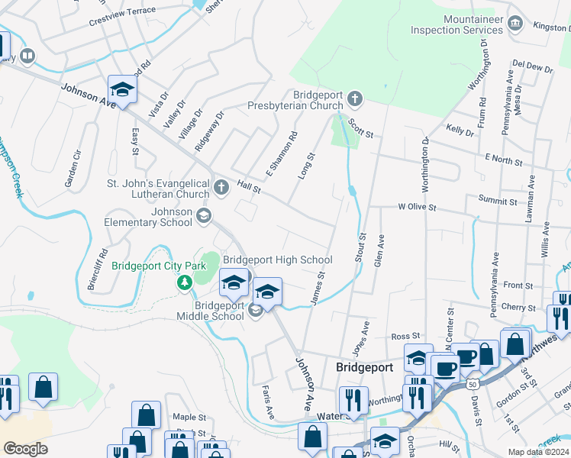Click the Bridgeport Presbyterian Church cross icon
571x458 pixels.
pyautogui.click(x=354, y=98)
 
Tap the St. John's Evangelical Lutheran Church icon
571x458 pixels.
pyautogui.click(x=221, y=187)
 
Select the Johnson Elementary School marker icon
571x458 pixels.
pyautogui.click(x=203, y=217)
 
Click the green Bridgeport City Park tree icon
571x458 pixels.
pyautogui.click(x=184, y=283)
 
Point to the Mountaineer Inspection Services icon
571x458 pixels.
pyautogui.click(x=515, y=24)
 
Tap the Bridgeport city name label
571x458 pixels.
pyautogui.click(x=364, y=367)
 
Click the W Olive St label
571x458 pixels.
pyautogui.click(x=416, y=207)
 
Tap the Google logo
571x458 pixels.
pyautogui.click(x=25, y=448)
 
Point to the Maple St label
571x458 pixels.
pyautogui.click(x=189, y=418)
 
